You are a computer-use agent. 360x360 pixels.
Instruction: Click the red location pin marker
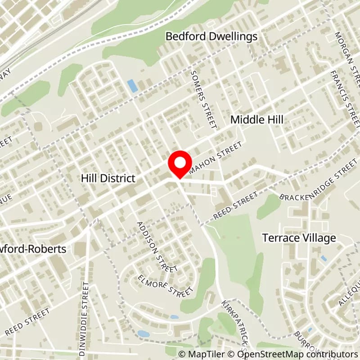(x=180, y=164)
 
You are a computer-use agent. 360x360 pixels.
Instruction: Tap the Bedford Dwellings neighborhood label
(x=211, y=36)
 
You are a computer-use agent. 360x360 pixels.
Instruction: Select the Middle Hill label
(x=257, y=120)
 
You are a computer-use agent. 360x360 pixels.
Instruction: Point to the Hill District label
(x=108, y=178)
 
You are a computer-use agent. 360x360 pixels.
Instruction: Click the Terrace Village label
(x=306, y=238)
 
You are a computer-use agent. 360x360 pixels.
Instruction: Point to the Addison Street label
(x=155, y=247)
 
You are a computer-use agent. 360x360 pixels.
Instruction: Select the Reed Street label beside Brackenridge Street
(x=235, y=205)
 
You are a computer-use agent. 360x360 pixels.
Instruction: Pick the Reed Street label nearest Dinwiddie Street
(x=27, y=322)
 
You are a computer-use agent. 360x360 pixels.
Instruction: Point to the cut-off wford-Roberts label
(x=33, y=249)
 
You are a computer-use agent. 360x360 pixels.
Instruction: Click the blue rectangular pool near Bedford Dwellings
(x=132, y=85)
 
